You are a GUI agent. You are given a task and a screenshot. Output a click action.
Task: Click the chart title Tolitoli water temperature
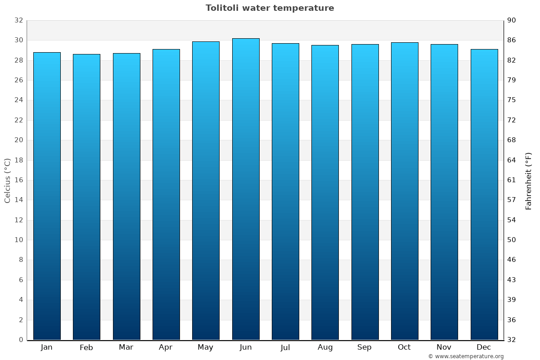pyautogui.click(x=270, y=8)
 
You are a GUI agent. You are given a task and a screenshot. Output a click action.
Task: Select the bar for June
pyautogui.click(x=246, y=189)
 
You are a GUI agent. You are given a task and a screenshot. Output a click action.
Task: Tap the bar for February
pyautogui.click(x=86, y=197)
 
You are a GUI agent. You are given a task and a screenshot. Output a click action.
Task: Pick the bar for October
pyautogui.click(x=405, y=191)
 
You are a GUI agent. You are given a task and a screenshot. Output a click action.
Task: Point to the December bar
pyautogui.click(x=484, y=194)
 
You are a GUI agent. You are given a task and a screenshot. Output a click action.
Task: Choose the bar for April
pyautogui.click(x=166, y=194)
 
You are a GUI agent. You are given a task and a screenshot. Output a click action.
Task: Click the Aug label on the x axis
pyautogui.click(x=325, y=347)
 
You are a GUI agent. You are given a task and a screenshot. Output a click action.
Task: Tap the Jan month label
pyautogui.click(x=46, y=347)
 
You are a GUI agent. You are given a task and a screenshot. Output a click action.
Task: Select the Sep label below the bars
pyautogui.click(x=364, y=347)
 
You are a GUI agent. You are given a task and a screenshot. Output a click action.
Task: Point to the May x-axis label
pyautogui.click(x=206, y=347)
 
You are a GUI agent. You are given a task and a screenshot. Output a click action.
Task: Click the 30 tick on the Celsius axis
pyautogui.click(x=18, y=40)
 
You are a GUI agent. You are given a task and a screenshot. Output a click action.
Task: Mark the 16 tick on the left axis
pyautogui.click(x=18, y=180)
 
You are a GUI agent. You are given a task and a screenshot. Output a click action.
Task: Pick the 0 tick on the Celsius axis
pyautogui.click(x=21, y=340)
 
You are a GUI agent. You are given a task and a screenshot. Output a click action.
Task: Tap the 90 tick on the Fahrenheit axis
pyautogui.click(x=512, y=20)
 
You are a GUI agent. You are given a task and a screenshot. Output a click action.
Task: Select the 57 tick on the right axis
pyautogui.click(x=512, y=200)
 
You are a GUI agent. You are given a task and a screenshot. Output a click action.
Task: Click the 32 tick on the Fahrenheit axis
pyautogui.click(x=512, y=340)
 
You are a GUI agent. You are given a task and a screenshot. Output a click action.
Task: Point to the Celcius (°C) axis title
pyautogui.click(x=8, y=180)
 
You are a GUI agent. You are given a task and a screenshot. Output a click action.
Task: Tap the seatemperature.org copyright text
pyautogui.click(x=466, y=356)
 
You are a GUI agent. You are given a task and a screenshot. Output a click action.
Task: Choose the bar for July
pyautogui.click(x=285, y=191)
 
